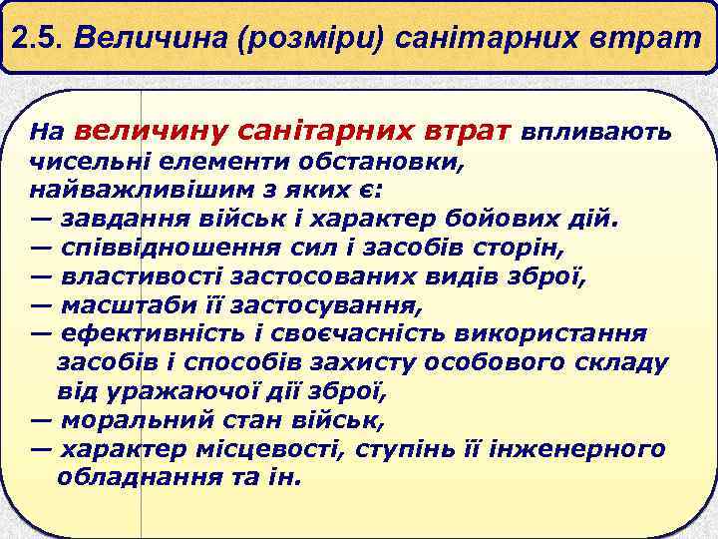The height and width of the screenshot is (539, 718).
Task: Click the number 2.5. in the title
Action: [42, 40]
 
